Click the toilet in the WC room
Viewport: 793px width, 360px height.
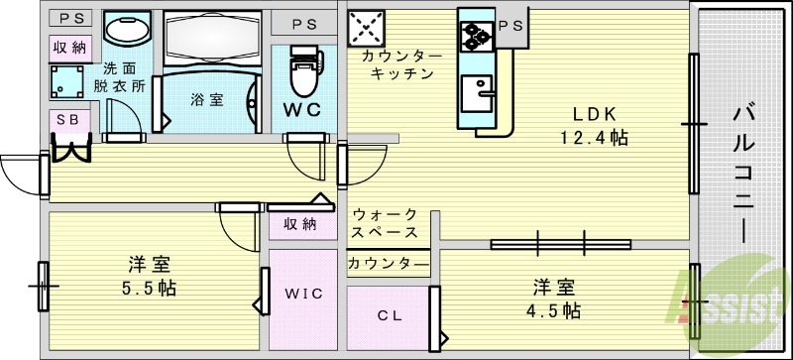(300, 69)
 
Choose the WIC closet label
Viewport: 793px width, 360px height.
(304, 294)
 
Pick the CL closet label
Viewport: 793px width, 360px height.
(388, 317)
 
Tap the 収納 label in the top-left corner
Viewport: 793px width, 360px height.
(69, 47)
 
